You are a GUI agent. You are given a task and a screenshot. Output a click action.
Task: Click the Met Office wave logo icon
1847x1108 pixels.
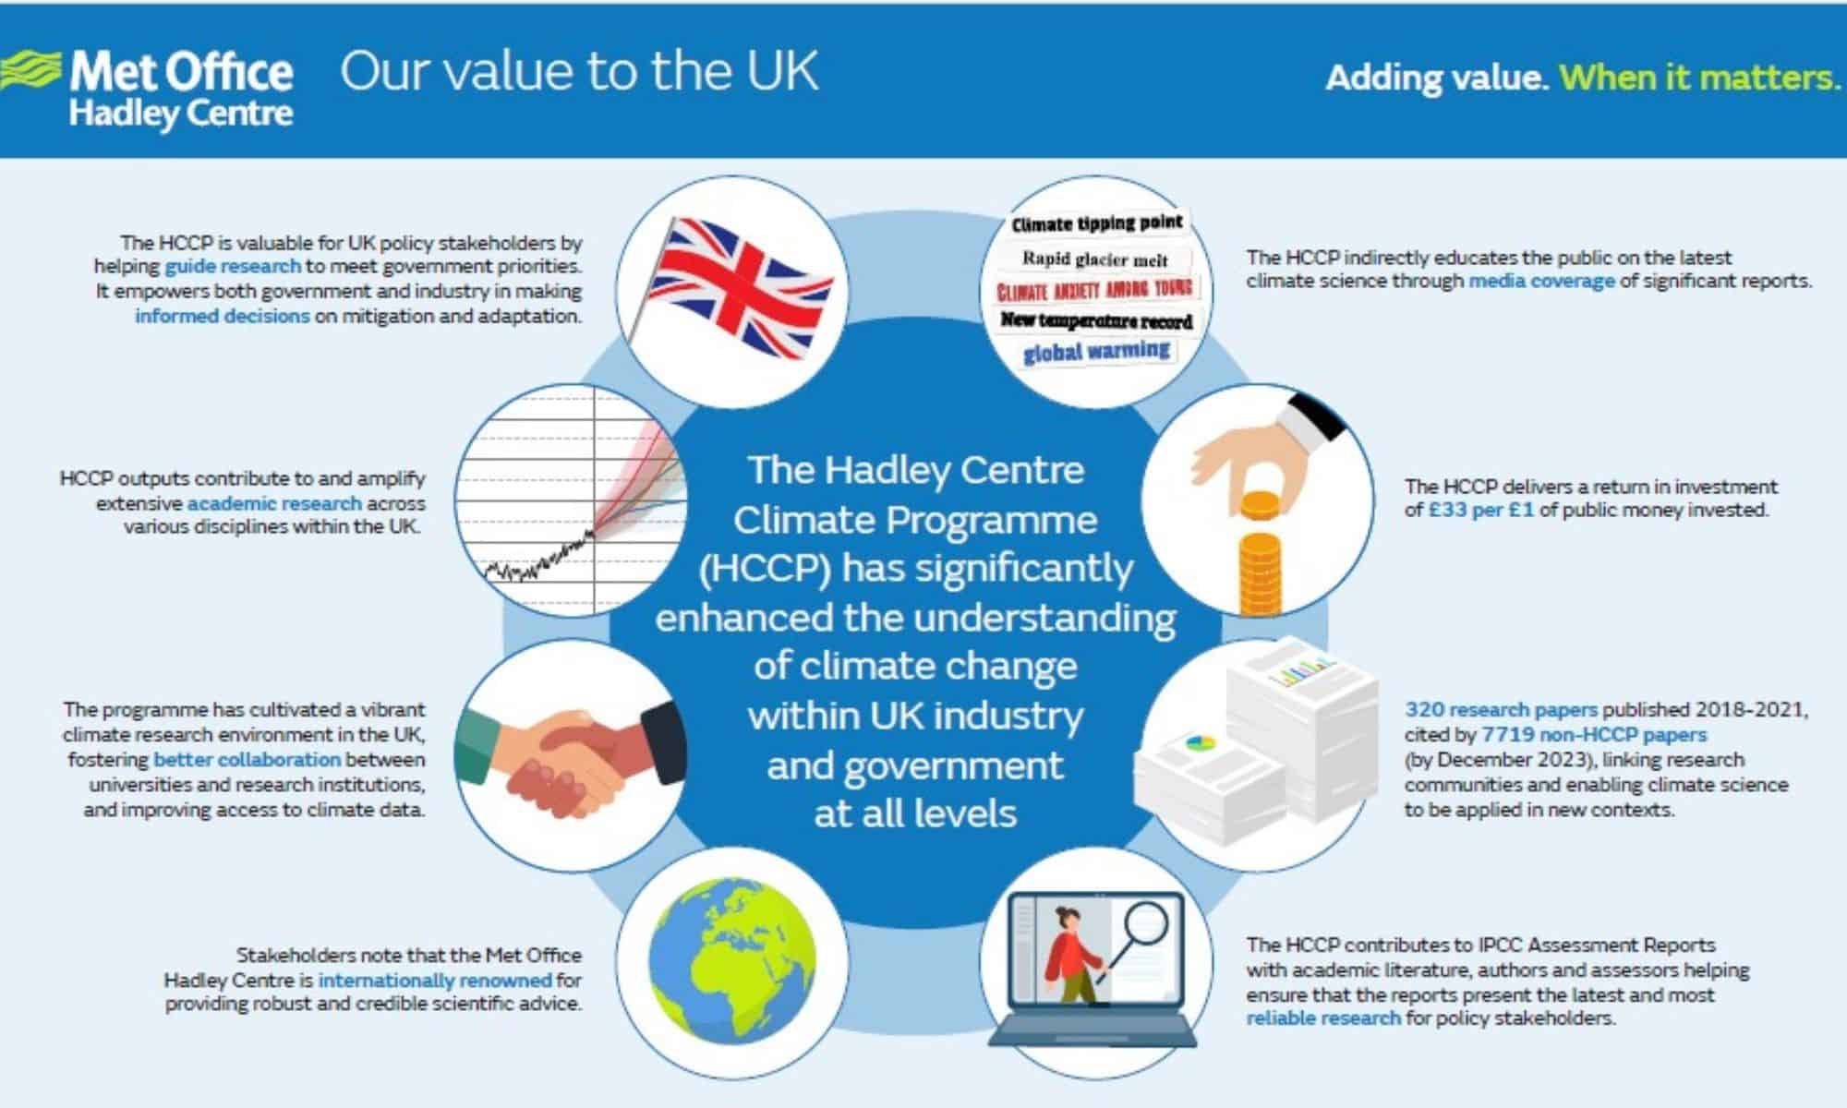(30, 72)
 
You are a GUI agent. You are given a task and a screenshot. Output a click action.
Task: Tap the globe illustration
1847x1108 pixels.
(732, 962)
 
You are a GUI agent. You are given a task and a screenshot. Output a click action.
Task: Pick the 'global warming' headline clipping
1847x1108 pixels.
(1097, 352)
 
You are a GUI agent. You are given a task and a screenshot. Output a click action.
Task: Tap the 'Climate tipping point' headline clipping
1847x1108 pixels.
(1097, 223)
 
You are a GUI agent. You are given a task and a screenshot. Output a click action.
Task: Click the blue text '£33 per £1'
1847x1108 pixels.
(1481, 511)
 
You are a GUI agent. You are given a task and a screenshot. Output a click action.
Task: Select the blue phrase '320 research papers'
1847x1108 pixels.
(1501, 710)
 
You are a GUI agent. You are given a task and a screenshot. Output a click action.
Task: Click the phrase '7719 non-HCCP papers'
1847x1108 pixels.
(1594, 735)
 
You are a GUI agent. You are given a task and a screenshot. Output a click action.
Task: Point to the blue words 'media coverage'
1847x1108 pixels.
(1541, 282)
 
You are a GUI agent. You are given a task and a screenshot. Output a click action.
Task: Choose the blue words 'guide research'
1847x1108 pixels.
(233, 267)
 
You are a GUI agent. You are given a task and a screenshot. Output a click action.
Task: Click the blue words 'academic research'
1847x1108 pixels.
(274, 503)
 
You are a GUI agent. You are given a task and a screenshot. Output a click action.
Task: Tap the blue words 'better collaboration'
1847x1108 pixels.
(247, 760)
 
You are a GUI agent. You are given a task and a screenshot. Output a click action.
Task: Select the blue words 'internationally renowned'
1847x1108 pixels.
(435, 980)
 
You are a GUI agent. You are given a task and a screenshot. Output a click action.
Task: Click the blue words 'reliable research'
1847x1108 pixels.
(1323, 1018)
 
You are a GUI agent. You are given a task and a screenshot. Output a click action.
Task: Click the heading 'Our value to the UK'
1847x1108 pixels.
(579, 71)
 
